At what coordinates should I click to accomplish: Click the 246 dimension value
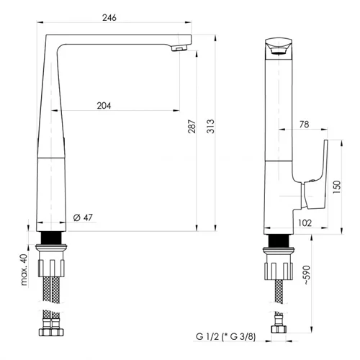click(109, 17)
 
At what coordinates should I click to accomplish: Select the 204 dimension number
click(104, 106)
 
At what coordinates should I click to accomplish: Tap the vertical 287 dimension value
click(192, 126)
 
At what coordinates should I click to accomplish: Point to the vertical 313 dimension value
click(210, 126)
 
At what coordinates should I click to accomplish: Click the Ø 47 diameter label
click(83, 217)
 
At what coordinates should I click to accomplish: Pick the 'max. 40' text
click(24, 269)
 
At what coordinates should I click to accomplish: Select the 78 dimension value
click(304, 125)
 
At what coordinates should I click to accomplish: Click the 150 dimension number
click(337, 187)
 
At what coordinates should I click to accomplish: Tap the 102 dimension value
click(305, 223)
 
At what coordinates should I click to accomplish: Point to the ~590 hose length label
click(307, 275)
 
